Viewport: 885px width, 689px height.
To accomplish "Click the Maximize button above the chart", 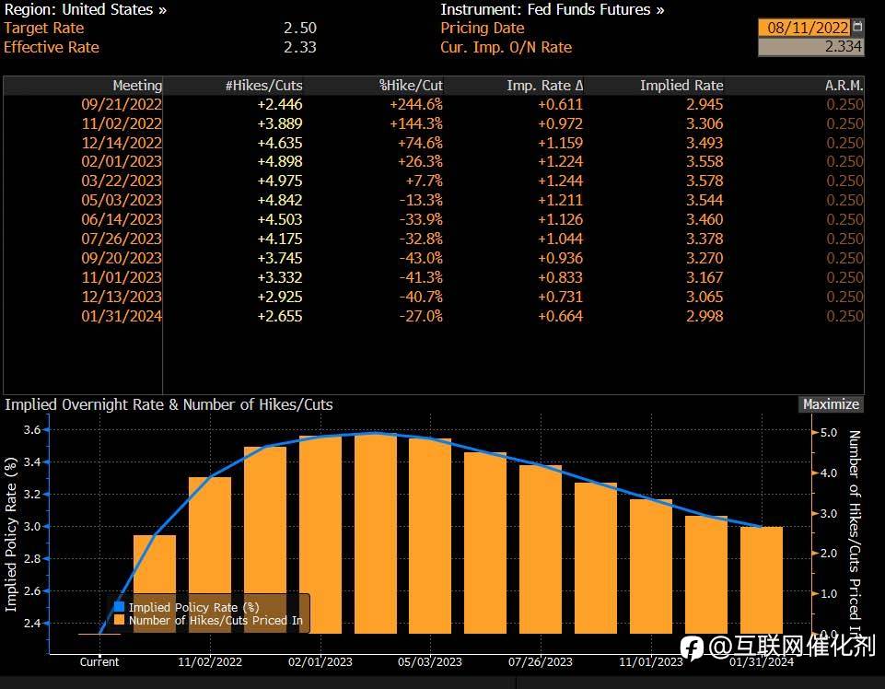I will pyautogui.click(x=831, y=404).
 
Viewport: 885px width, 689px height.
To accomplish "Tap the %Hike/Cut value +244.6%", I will pyautogui.click(x=416, y=104).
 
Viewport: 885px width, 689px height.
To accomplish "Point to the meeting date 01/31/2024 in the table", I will pyautogui.click(x=122, y=316).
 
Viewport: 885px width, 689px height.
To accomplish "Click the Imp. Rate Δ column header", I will pyautogui.click(x=544, y=86).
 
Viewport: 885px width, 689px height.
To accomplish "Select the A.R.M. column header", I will pyautogui.click(x=844, y=86).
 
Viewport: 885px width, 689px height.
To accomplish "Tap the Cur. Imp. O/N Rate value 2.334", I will pyautogui.click(x=843, y=47).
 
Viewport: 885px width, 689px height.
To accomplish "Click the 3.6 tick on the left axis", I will pyautogui.click(x=31, y=429).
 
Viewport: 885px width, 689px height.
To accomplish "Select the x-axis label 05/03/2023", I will pyautogui.click(x=429, y=661).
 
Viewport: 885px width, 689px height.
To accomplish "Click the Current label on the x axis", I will pyautogui.click(x=99, y=661).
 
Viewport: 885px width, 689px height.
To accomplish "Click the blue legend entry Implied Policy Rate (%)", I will pyautogui.click(x=192, y=607).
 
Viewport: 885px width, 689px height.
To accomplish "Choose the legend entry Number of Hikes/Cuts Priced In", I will pyautogui.click(x=215, y=621).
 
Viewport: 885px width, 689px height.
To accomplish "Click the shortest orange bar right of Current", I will pyautogui.click(x=155, y=584).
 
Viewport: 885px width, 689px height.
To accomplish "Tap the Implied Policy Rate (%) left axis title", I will pyautogui.click(x=12, y=534).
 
